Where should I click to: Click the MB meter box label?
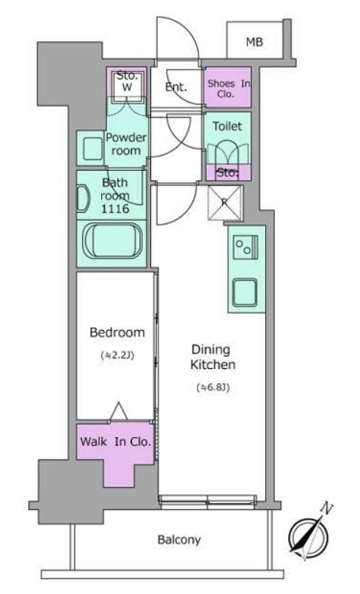pyautogui.click(x=254, y=41)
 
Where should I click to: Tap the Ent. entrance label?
pyautogui.click(x=176, y=86)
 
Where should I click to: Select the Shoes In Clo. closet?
pyautogui.click(x=227, y=87)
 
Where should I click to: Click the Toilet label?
pyautogui.click(x=227, y=126)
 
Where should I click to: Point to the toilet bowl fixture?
pyautogui.click(x=227, y=153)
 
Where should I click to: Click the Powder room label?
pyautogui.click(x=126, y=144)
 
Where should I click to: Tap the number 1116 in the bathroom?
pyautogui.click(x=115, y=208)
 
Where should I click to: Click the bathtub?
pyautogui.click(x=113, y=241)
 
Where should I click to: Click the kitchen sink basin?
pyautogui.click(x=244, y=292)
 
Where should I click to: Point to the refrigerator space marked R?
pyautogui.click(x=224, y=203)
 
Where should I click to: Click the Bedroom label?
pyautogui.click(x=117, y=333)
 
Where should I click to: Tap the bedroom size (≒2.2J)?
pyautogui.click(x=117, y=355)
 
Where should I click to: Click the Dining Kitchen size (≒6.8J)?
pyautogui.click(x=213, y=387)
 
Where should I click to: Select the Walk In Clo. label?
pyautogui.click(x=116, y=442)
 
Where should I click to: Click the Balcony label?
pyautogui.click(x=179, y=540)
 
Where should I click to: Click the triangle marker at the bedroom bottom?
pyautogui.click(x=119, y=411)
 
